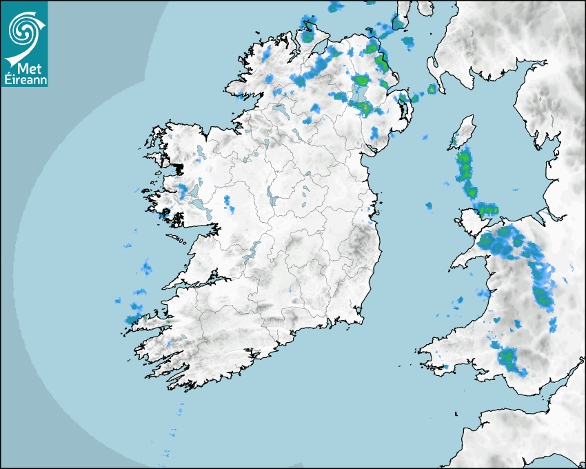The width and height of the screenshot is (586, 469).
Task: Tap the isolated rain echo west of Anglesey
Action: pyautogui.click(x=429, y=206)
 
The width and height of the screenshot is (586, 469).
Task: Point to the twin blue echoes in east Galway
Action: pyautogui.click(x=229, y=203)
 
